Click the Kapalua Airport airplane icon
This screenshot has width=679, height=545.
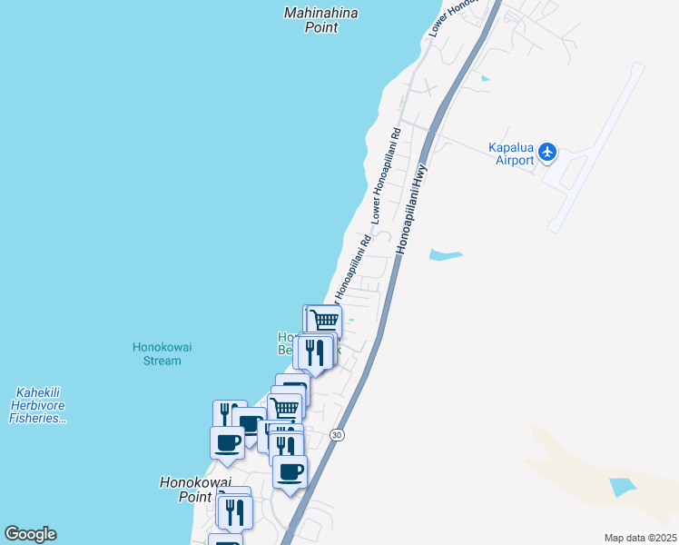tap(546, 152)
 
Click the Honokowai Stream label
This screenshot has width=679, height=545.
tap(157, 353)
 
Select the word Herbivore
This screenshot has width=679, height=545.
tap(38, 405)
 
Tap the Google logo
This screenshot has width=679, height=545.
tap(30, 534)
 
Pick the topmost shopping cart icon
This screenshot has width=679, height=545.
tap(324, 320)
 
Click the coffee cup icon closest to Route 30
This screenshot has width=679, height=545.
tap(290, 471)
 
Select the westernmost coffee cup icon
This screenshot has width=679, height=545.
tap(227, 442)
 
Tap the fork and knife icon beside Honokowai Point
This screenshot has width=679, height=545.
tap(235, 511)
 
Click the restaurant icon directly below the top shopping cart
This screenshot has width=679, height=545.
tap(314, 351)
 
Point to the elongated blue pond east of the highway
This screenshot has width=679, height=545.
tap(445, 255)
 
